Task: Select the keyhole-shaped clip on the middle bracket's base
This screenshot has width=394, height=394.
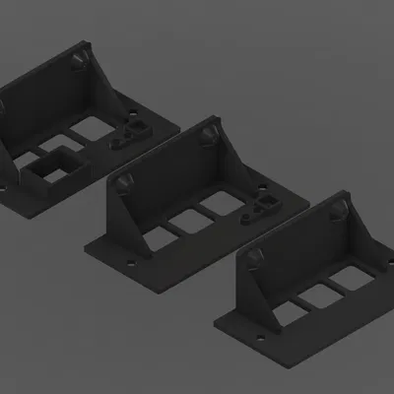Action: click(264, 208)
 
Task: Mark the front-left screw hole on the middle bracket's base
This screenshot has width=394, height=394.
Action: click(128, 264)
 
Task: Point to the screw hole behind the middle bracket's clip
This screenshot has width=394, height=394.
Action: click(266, 185)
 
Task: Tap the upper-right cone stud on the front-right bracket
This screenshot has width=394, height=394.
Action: click(338, 210)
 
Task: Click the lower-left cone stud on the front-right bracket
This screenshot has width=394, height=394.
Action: click(255, 258)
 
